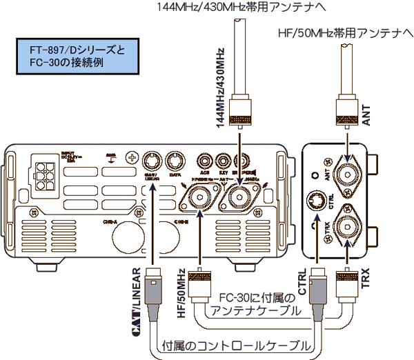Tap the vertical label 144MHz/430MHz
coord(219,87)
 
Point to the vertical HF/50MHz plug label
coord(181,293)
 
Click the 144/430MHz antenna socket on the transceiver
coord(238,200)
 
